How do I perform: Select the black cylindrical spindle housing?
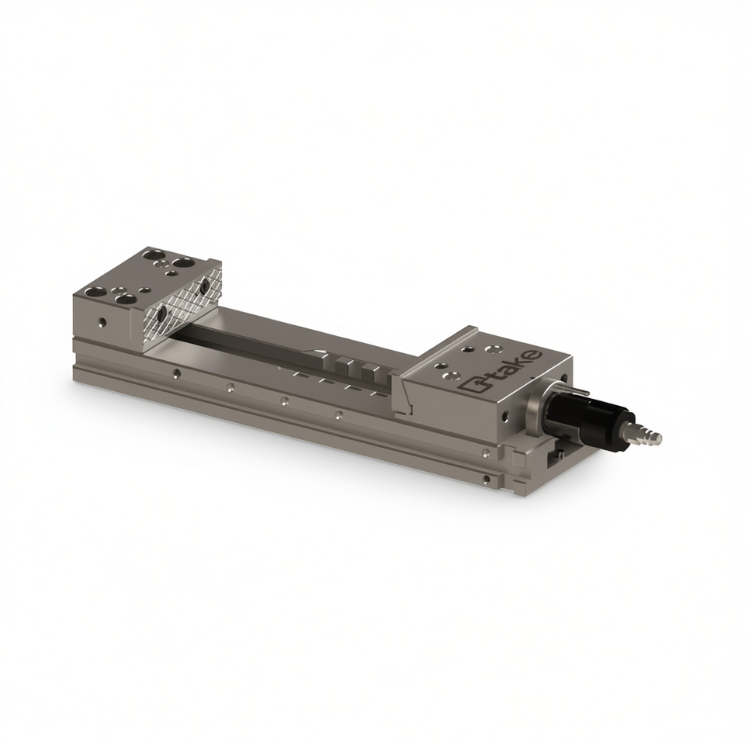tap(589, 412)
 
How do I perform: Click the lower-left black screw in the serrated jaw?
tap(162, 313)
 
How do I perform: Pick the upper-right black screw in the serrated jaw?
tap(205, 285)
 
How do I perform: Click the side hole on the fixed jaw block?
tap(101, 323)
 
